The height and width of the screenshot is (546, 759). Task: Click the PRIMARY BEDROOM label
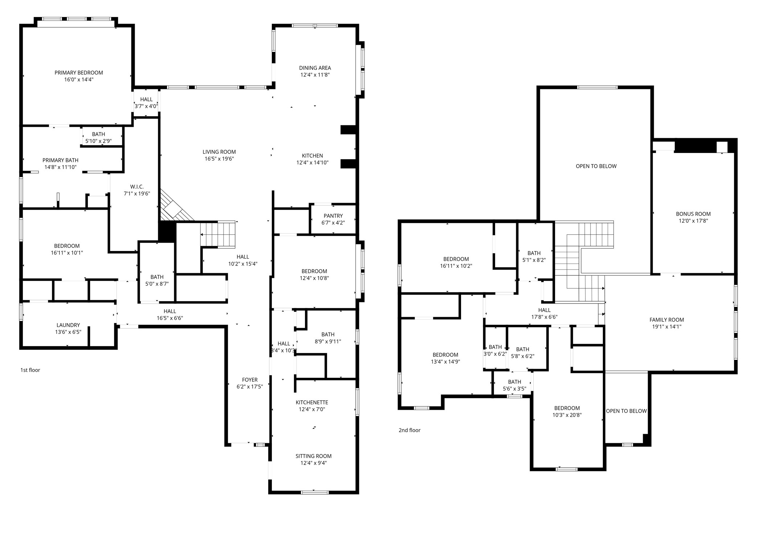[79, 73]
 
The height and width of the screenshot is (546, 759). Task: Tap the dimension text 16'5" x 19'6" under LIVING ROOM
[219, 159]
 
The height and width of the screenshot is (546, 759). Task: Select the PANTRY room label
[333, 216]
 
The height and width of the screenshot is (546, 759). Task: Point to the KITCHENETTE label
[312, 402]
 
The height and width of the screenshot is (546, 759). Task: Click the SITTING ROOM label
[313, 456]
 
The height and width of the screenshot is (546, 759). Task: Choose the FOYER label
[250, 380]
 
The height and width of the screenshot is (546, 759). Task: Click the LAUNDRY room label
[68, 325]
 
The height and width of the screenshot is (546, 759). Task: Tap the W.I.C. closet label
[137, 187]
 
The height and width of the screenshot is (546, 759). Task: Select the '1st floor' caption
[30, 370]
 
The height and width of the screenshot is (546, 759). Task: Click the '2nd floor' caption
[409, 430]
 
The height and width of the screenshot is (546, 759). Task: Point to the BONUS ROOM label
[693, 214]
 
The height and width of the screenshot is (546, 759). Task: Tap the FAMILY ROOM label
[666, 320]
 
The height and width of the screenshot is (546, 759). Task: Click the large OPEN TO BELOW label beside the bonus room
[596, 166]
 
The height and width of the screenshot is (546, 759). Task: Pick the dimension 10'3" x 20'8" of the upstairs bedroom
[567, 415]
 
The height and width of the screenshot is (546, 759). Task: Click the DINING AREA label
[315, 68]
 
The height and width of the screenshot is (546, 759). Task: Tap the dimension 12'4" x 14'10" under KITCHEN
[312, 162]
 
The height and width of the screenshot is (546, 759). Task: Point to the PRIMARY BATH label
[60, 160]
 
